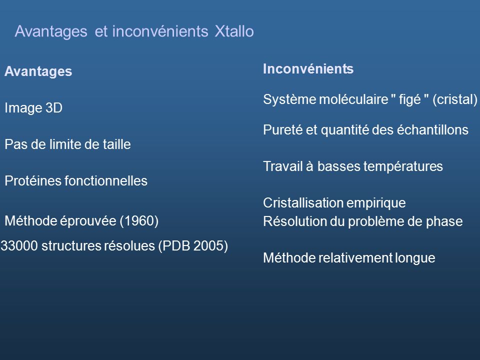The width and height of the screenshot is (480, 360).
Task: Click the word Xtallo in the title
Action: coord(234,31)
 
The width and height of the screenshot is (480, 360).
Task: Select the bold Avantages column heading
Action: coord(38,72)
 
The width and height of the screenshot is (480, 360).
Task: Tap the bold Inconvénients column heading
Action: coord(308,69)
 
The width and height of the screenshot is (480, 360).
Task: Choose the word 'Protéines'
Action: coord(27,181)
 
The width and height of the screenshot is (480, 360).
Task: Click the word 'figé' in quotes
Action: coord(408,99)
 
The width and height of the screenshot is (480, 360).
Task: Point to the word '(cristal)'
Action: coord(455,99)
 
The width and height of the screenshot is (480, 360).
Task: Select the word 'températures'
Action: coord(405,167)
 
